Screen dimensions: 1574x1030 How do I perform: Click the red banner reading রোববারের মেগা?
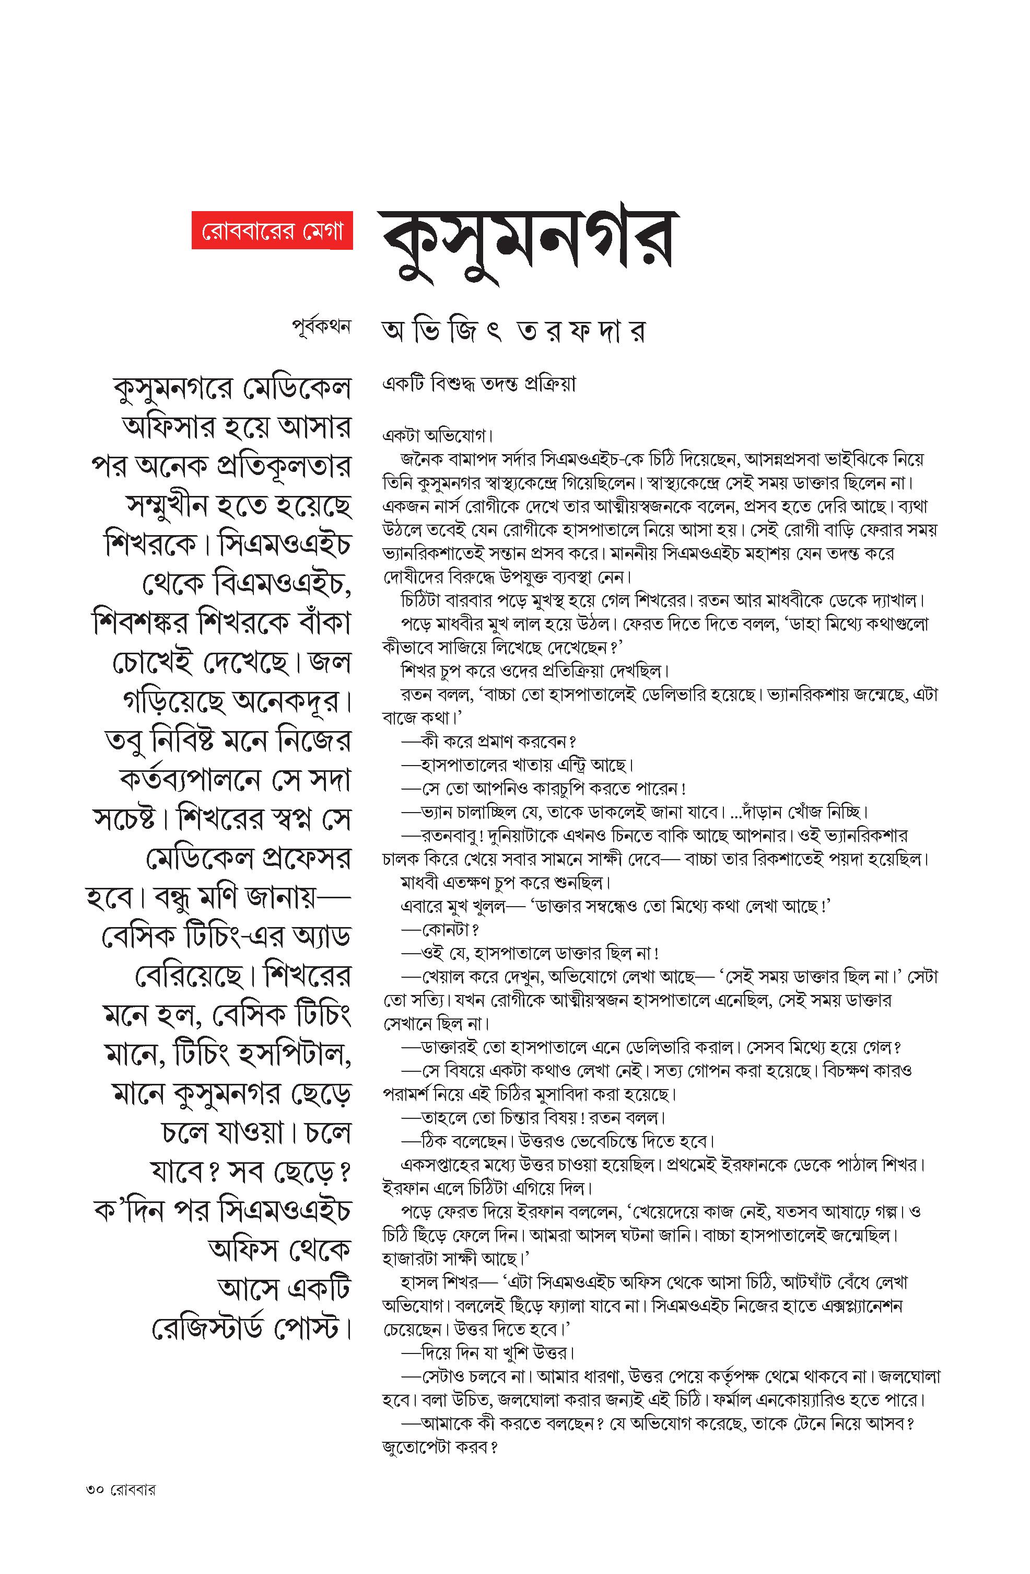tap(272, 232)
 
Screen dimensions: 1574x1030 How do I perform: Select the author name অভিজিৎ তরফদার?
tap(513, 331)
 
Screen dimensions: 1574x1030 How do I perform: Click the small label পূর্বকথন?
tap(321, 327)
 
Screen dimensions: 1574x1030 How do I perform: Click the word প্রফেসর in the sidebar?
tap(306, 860)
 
